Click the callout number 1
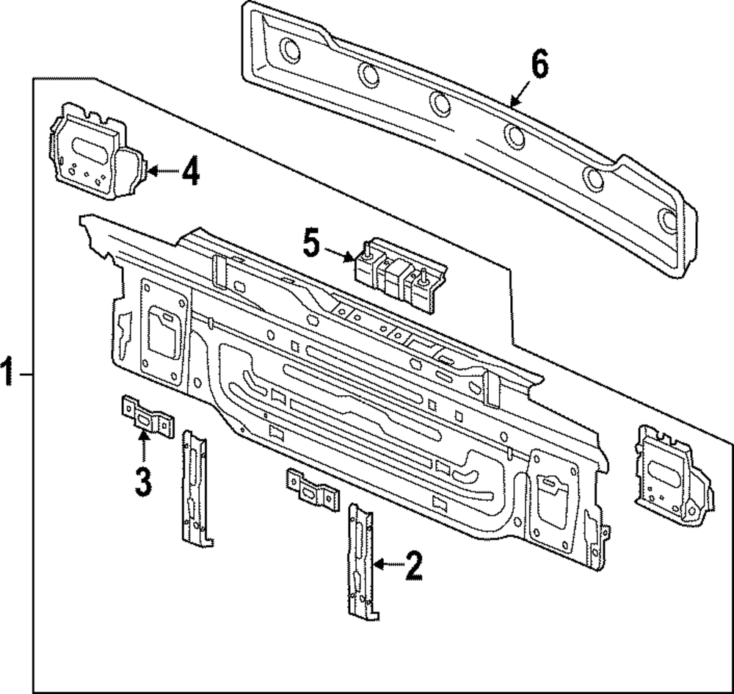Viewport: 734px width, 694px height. coord(7,374)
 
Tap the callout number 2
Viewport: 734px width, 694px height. coord(413,565)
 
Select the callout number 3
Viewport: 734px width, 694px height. coord(143,481)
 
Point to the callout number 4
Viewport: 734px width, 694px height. coord(189,173)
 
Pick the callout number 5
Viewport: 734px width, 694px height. coord(312,243)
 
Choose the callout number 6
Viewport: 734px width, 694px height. coord(539,66)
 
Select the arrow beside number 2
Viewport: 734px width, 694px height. coord(387,565)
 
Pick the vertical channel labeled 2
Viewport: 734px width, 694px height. coord(362,560)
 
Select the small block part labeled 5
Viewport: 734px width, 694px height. coord(400,276)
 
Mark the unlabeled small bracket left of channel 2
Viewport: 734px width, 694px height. coord(312,490)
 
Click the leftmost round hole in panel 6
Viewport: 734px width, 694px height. coord(290,51)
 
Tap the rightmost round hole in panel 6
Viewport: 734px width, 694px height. coord(668,220)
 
